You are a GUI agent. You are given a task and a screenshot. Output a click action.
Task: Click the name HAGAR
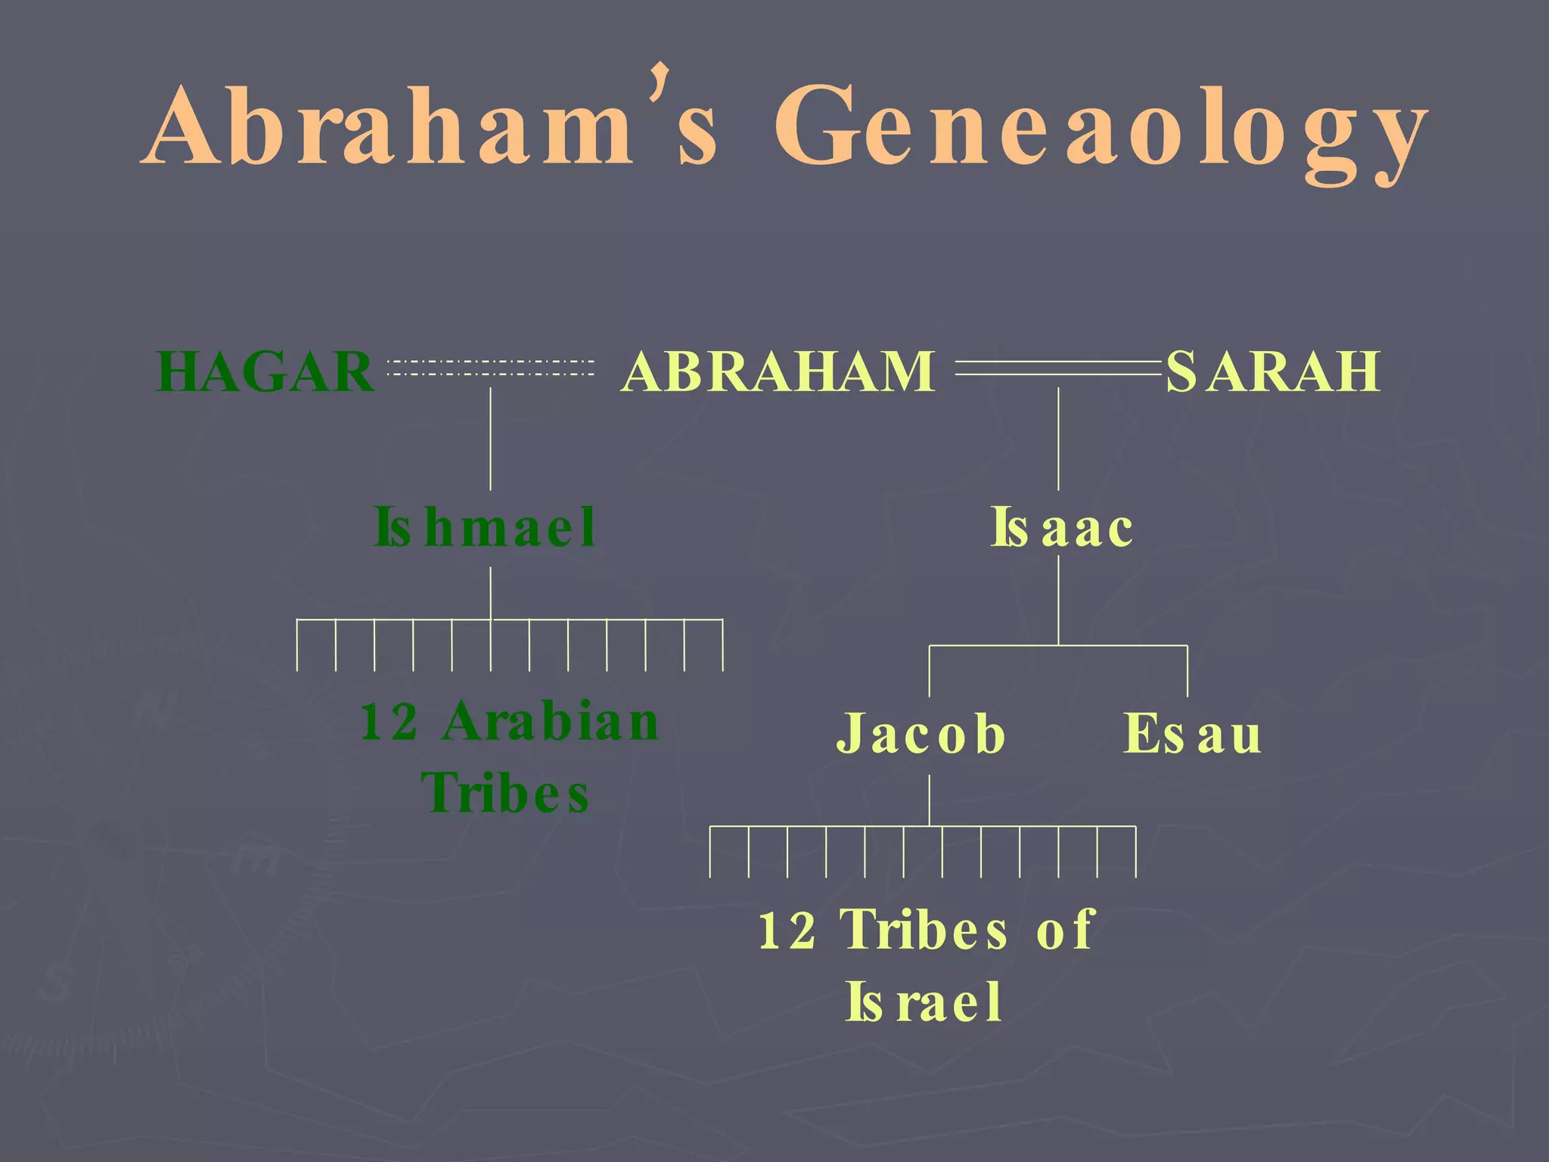point(265,371)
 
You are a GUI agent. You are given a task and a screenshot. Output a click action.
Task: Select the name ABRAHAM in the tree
point(778,371)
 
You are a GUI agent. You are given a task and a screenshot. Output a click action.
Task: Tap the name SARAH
point(1273,371)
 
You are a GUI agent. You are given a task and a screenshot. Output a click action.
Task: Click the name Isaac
point(1062,527)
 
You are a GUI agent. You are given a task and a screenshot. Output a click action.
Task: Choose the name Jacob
point(921,734)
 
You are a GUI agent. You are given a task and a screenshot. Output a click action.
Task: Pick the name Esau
point(1193,734)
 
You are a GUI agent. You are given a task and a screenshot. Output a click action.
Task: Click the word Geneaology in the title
point(1100,129)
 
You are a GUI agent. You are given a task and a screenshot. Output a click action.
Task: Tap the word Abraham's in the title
point(431,125)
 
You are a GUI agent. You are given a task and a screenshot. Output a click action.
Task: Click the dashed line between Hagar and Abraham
point(490,368)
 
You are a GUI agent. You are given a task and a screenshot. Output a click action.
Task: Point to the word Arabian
point(551,722)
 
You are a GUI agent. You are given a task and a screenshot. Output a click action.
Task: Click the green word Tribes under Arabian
point(505,794)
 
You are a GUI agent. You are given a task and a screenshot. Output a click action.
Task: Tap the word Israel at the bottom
point(924,1002)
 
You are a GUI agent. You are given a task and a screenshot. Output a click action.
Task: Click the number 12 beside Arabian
point(389,722)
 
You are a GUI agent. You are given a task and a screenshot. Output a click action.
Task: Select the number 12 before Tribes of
point(787,930)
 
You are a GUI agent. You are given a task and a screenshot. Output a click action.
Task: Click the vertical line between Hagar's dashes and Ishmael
point(490,439)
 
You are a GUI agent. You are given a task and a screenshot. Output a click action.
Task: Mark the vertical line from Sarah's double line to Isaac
point(1058,439)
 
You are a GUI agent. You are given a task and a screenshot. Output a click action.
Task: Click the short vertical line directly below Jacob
point(930,799)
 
